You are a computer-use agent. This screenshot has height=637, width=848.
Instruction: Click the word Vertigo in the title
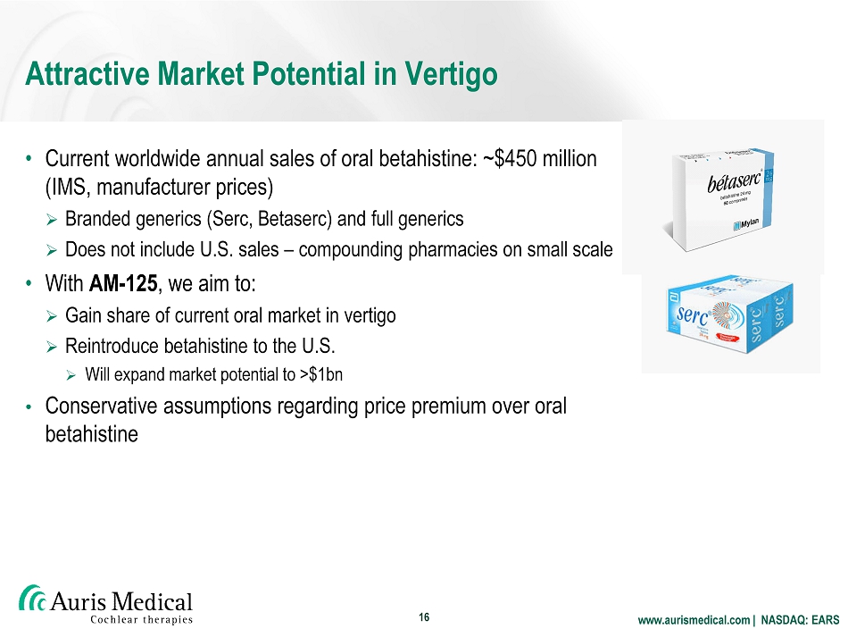click(451, 75)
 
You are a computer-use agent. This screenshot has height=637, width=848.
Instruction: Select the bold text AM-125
click(123, 283)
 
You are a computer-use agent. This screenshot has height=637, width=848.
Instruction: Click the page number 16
click(424, 617)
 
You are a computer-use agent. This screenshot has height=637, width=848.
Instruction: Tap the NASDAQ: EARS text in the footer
click(800, 620)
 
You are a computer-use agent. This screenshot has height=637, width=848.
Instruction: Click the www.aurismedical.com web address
click(694, 620)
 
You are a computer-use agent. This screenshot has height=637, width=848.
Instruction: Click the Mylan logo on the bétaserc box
click(745, 224)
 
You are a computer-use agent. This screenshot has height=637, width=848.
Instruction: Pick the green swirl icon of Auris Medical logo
click(32, 598)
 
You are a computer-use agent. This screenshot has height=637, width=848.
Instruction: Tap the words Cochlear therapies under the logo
click(141, 619)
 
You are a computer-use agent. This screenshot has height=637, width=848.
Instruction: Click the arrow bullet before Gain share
click(52, 316)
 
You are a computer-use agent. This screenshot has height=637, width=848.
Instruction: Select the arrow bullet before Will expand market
click(71, 375)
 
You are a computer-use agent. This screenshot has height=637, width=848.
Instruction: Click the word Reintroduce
click(112, 346)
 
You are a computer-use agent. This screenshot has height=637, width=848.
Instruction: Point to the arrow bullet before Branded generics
click(52, 220)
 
